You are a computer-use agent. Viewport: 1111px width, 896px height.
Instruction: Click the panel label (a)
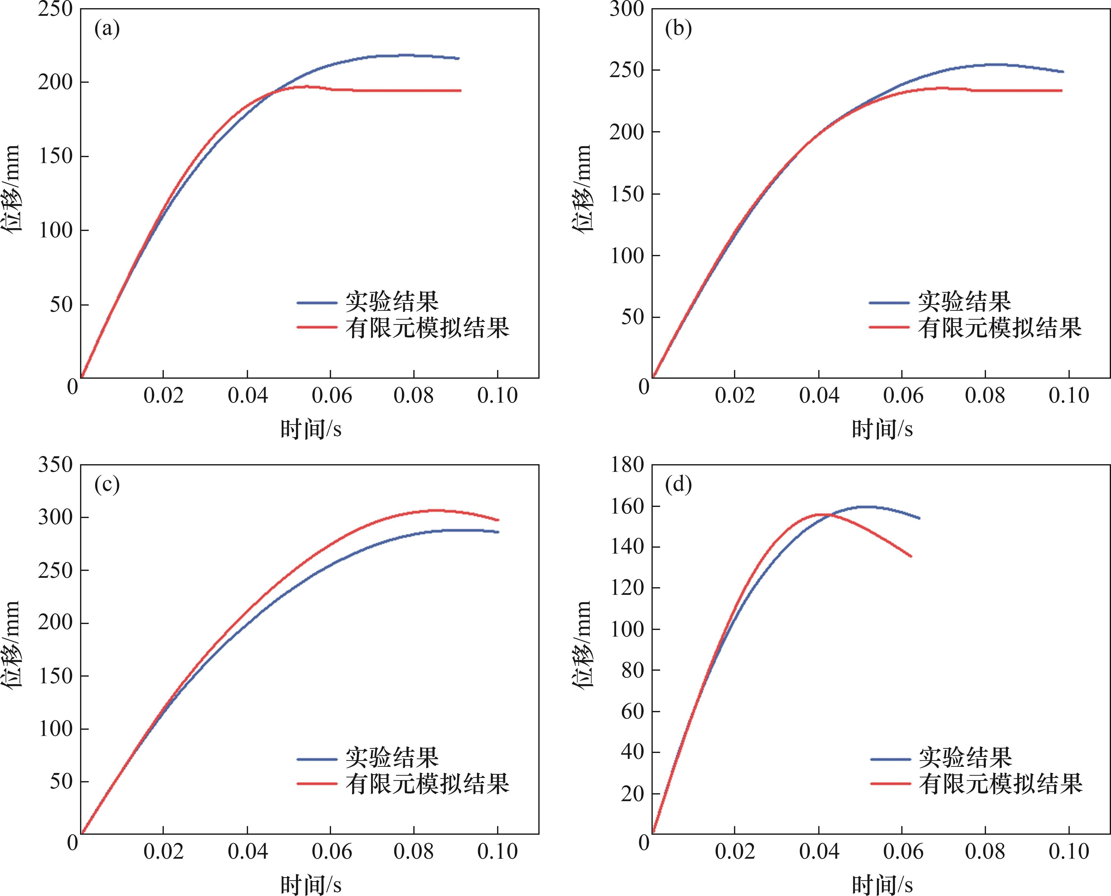(107, 29)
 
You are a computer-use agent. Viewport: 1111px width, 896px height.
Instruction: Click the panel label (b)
(678, 29)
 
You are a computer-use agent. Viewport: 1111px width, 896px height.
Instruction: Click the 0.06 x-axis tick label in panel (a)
(331, 396)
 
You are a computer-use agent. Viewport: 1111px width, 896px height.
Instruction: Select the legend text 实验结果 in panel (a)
(392, 301)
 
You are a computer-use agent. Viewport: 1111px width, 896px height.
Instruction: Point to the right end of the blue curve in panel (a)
(458, 58)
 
